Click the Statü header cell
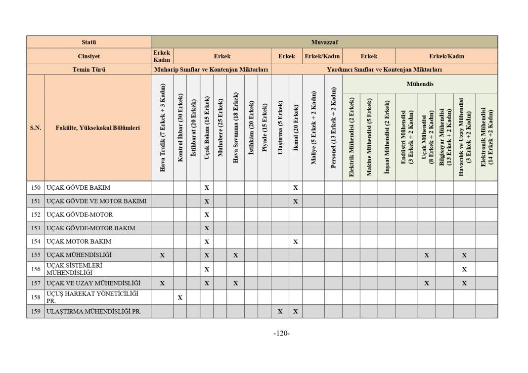(x=89, y=42)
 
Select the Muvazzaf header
(x=324, y=42)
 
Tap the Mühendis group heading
(x=420, y=84)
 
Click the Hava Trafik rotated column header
(x=162, y=127)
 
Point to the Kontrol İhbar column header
(x=180, y=127)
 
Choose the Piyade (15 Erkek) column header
(x=264, y=127)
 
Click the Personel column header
(x=333, y=127)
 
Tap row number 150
(x=36, y=188)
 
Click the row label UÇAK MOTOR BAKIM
(x=79, y=242)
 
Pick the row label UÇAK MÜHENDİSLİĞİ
(x=79, y=255)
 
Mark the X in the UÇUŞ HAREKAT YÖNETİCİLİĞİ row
(x=180, y=298)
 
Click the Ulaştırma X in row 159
(x=280, y=312)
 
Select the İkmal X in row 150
(x=295, y=188)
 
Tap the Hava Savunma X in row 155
(x=236, y=255)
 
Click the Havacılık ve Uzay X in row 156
(x=464, y=269)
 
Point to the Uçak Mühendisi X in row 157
(x=426, y=284)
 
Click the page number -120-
(x=281, y=333)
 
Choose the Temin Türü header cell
(x=89, y=70)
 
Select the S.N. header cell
(x=36, y=127)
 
